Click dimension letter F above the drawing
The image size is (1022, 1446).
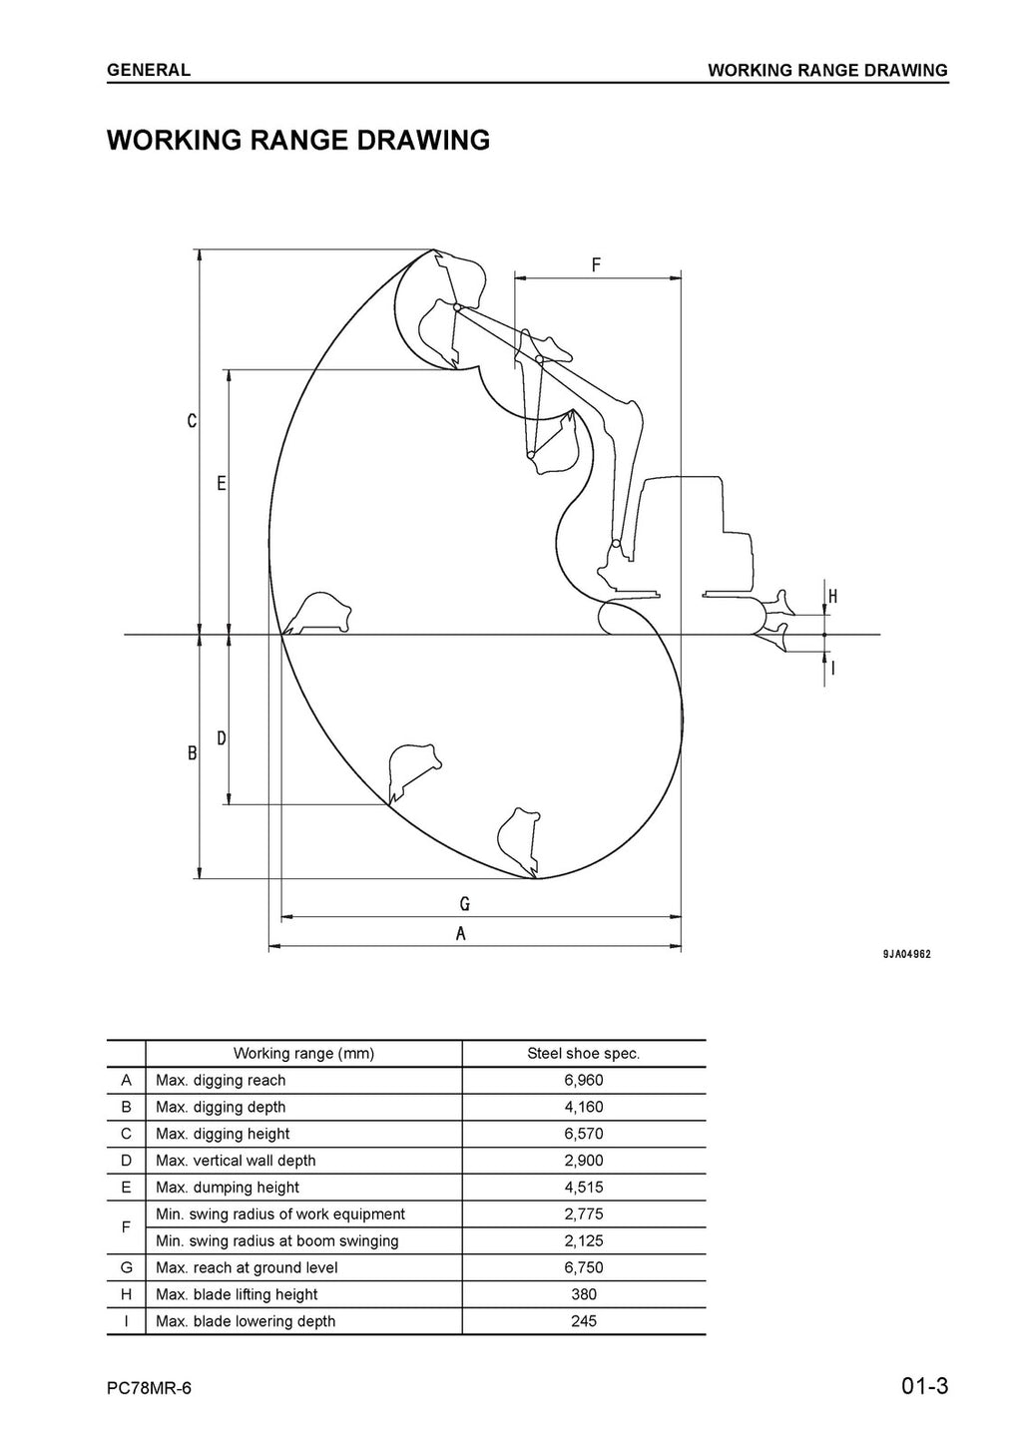596,265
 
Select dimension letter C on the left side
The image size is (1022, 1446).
192,422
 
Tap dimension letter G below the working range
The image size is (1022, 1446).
465,904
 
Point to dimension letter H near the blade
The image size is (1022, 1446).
832,597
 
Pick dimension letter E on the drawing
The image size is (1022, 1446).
222,484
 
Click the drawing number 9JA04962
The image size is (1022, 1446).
906,954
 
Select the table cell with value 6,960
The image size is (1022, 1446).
583,1080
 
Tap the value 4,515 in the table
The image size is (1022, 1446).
583,1188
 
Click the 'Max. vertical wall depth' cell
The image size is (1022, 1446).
236,1161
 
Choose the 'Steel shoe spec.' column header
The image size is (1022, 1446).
583,1053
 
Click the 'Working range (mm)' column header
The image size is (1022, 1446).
303,1053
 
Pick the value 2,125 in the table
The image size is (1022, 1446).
583,1241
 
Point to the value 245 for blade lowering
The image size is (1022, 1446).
583,1321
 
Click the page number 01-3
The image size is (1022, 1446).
923,1387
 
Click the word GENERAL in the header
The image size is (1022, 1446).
149,70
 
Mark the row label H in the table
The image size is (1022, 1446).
126,1294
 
